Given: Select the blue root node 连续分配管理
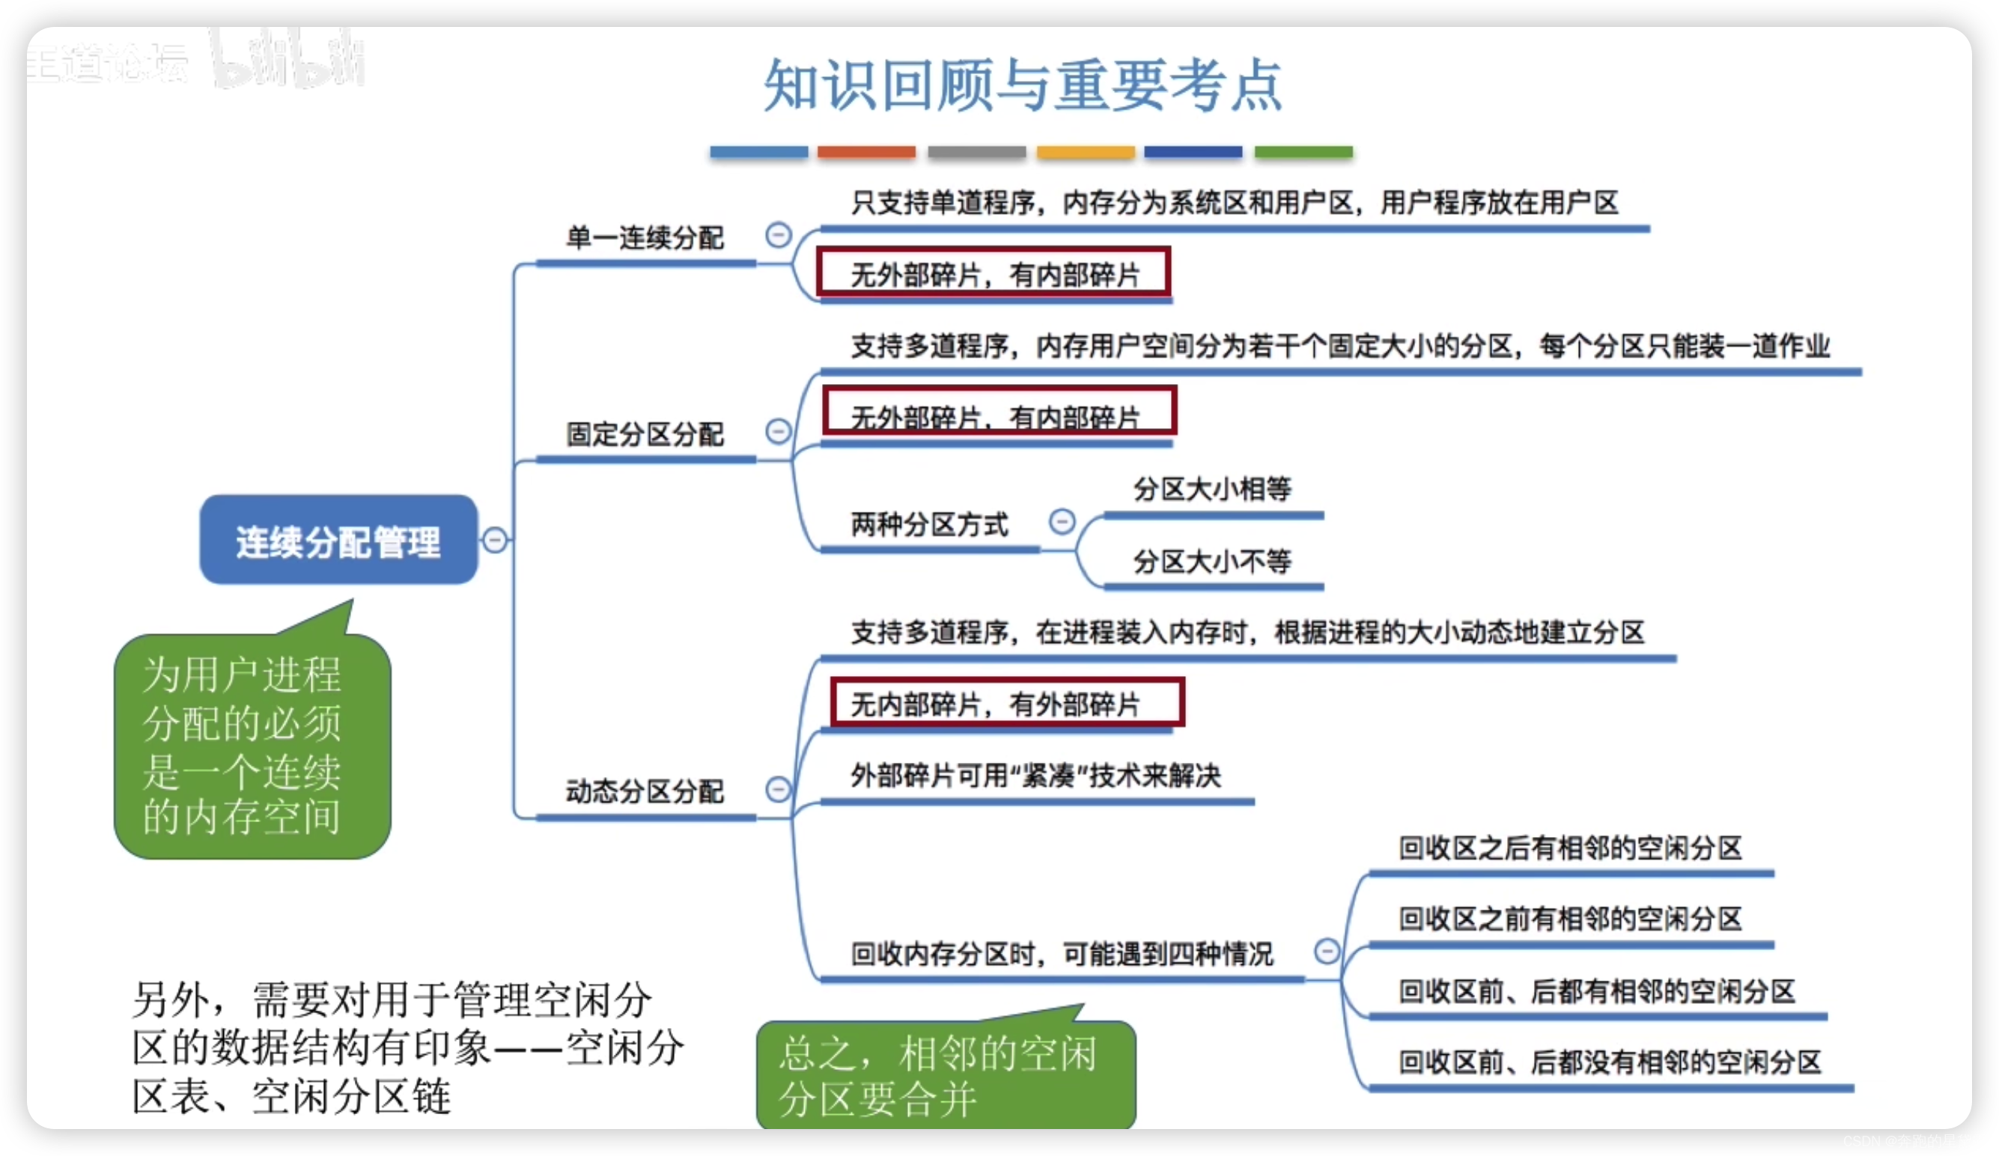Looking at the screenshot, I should [x=338, y=541].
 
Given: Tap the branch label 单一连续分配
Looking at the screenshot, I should [x=644, y=237].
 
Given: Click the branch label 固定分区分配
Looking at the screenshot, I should [x=644, y=434].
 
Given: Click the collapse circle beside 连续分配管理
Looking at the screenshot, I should [x=495, y=541].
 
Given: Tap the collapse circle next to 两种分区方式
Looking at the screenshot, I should [x=1062, y=521].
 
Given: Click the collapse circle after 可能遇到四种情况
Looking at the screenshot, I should [x=1327, y=951].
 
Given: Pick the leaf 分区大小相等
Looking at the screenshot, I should [x=1212, y=489].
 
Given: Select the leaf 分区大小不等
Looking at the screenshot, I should [x=1212, y=561].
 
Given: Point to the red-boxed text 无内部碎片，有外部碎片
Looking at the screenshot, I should [x=997, y=704].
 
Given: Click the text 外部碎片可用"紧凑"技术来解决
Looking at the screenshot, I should [x=1035, y=775].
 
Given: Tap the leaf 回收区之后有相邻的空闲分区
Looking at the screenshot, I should [x=1570, y=848].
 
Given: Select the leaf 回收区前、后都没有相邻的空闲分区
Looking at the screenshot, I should [x=1610, y=1062].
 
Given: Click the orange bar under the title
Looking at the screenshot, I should [x=866, y=151].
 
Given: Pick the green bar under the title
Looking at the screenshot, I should [x=1303, y=151].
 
